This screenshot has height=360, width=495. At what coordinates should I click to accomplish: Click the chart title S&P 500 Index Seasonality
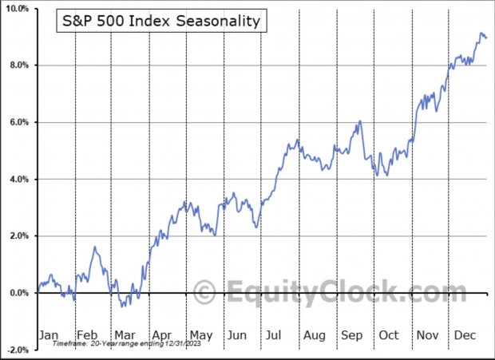161,22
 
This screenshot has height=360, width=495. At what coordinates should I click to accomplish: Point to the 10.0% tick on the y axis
18,8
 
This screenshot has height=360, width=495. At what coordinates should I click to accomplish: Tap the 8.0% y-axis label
19,65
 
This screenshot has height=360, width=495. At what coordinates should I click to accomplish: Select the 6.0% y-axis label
19,122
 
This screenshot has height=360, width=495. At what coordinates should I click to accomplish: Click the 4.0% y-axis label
19,179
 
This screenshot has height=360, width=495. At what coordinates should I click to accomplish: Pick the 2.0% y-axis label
19,235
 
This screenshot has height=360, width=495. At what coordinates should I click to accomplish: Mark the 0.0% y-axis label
19,293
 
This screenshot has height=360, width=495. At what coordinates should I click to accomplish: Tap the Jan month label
49,335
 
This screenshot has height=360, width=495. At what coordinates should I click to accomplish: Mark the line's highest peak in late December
481,34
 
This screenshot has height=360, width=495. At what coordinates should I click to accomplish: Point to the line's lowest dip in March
121,307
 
